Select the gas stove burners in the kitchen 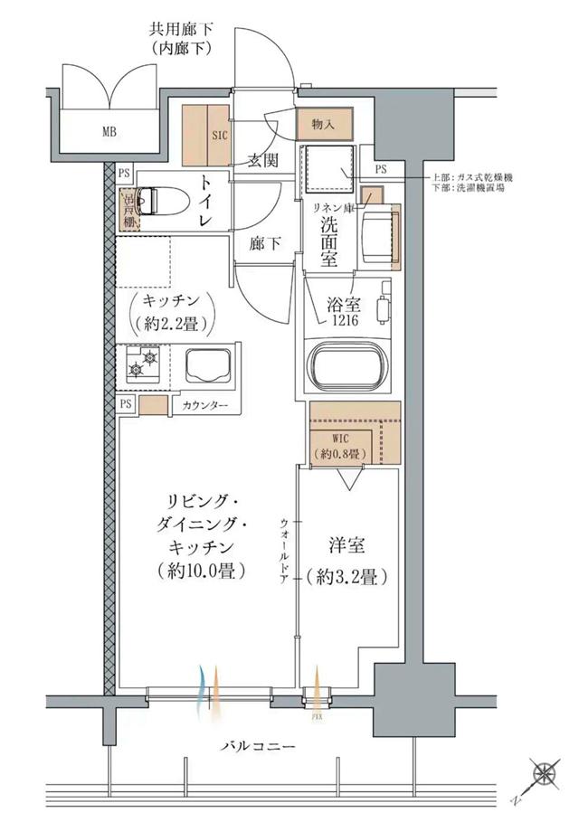pyautogui.click(x=142, y=364)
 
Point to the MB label pyautogui.click(x=109, y=132)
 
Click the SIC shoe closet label pyautogui.click(x=220, y=136)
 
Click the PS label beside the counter pyautogui.click(x=124, y=404)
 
